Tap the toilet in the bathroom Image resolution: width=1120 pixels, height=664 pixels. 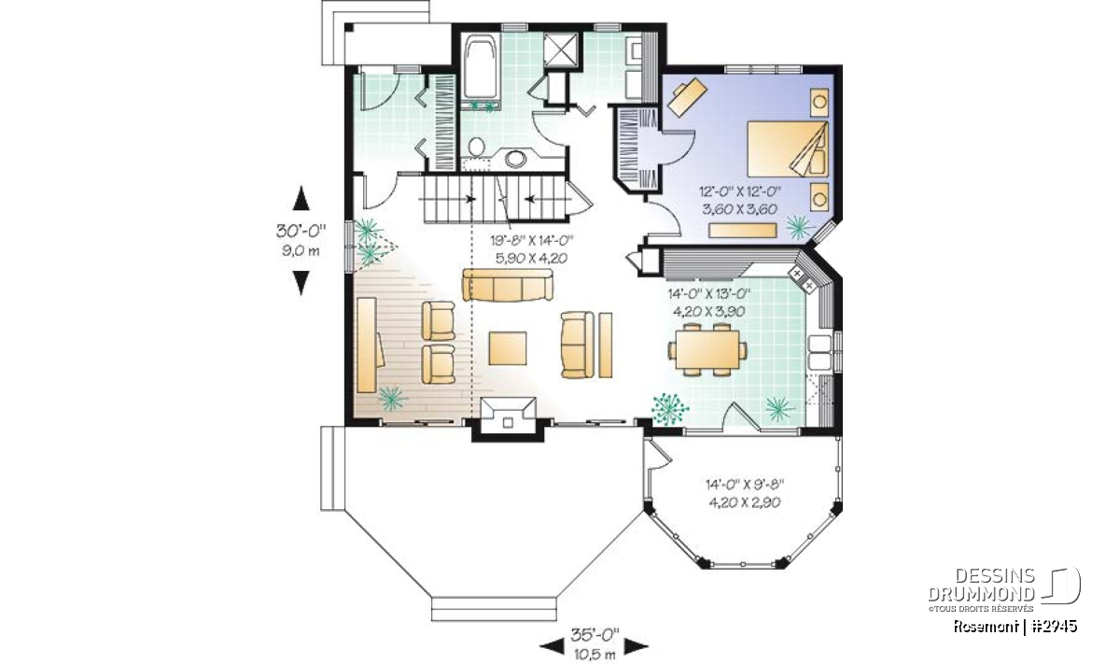click(477, 148)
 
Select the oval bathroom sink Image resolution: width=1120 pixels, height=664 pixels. click(515, 159)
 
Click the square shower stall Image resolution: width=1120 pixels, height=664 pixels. click(561, 49)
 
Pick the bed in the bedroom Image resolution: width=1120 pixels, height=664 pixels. click(788, 148)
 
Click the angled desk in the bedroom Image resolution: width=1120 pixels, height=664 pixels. click(688, 96)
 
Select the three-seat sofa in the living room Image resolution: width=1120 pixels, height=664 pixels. click(508, 285)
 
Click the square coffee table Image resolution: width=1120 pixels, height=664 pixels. click(508, 348)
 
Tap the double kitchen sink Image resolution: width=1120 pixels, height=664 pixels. click(819, 352)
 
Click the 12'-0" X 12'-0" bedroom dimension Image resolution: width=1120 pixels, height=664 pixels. click(740, 191)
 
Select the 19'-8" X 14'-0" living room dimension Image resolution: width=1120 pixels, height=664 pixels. click(531, 241)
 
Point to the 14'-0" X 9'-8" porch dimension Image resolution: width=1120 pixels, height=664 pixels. click(745, 485)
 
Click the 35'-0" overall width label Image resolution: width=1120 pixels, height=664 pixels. click(595, 634)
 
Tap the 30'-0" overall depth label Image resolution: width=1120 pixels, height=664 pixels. click(301, 231)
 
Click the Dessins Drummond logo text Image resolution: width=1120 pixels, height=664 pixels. click(982, 585)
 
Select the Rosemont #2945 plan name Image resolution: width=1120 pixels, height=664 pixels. click(1015, 627)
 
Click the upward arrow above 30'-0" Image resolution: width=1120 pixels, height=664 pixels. click(301, 198)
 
